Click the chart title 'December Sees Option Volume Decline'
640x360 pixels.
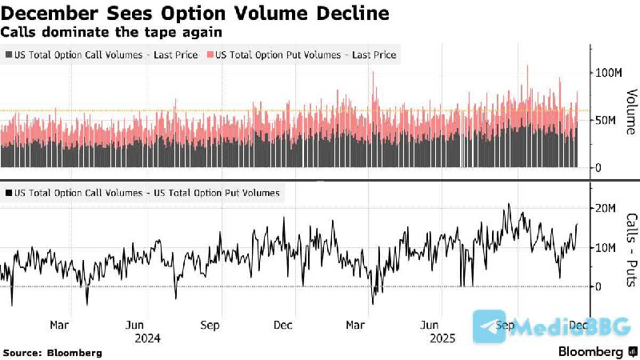195,14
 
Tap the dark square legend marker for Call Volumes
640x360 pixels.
8,54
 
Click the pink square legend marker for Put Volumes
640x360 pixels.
210,54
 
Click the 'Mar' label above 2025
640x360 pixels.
357,326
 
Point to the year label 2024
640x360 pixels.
147,338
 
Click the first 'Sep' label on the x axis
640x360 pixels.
210,326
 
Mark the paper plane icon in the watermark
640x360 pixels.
489,326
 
